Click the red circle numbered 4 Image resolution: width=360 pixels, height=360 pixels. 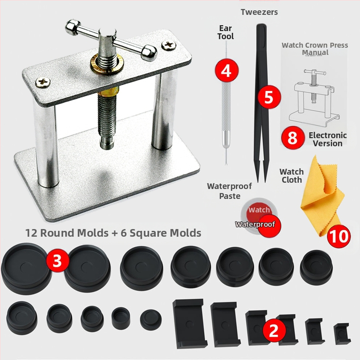point(226,71)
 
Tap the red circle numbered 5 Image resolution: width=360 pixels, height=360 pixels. point(269,97)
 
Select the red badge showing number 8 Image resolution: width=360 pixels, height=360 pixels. point(293,138)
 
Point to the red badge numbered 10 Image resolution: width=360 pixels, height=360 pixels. point(339,236)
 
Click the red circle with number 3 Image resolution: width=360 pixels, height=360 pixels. point(58,261)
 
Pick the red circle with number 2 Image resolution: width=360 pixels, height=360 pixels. point(274,331)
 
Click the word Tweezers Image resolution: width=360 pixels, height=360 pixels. point(259,12)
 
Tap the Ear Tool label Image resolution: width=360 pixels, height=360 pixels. point(226,32)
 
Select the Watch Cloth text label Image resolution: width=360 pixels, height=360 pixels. point(292,175)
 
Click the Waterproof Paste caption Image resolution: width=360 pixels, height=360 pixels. point(229,191)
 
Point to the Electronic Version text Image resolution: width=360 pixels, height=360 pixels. point(328,139)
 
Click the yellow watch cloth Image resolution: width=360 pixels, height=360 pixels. point(323,198)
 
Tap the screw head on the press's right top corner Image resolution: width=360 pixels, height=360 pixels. point(169,45)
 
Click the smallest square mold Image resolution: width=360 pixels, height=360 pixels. point(342,334)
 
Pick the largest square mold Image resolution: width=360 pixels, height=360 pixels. point(189,323)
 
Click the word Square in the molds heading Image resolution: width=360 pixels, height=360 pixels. point(148,233)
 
